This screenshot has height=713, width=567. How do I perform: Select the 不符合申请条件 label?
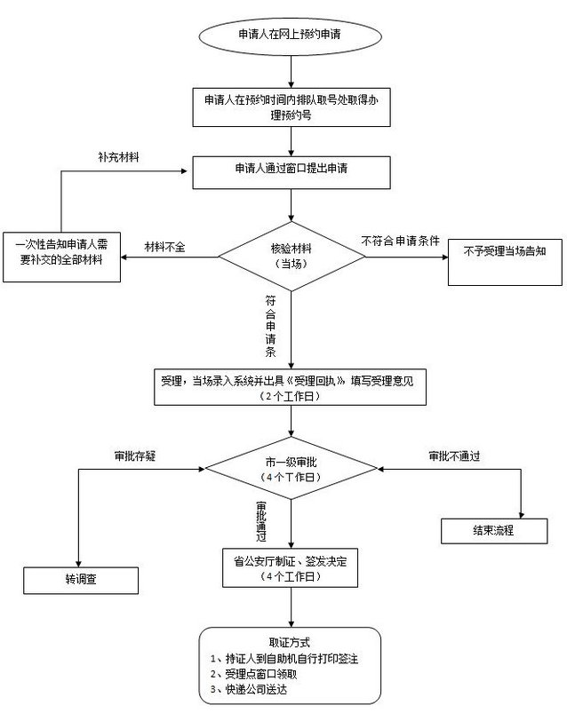[x=400, y=241]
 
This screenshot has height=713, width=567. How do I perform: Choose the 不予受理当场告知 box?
[x=504, y=251]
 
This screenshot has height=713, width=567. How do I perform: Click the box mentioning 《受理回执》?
[x=290, y=387]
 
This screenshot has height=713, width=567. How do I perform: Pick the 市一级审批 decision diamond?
[x=290, y=471]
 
